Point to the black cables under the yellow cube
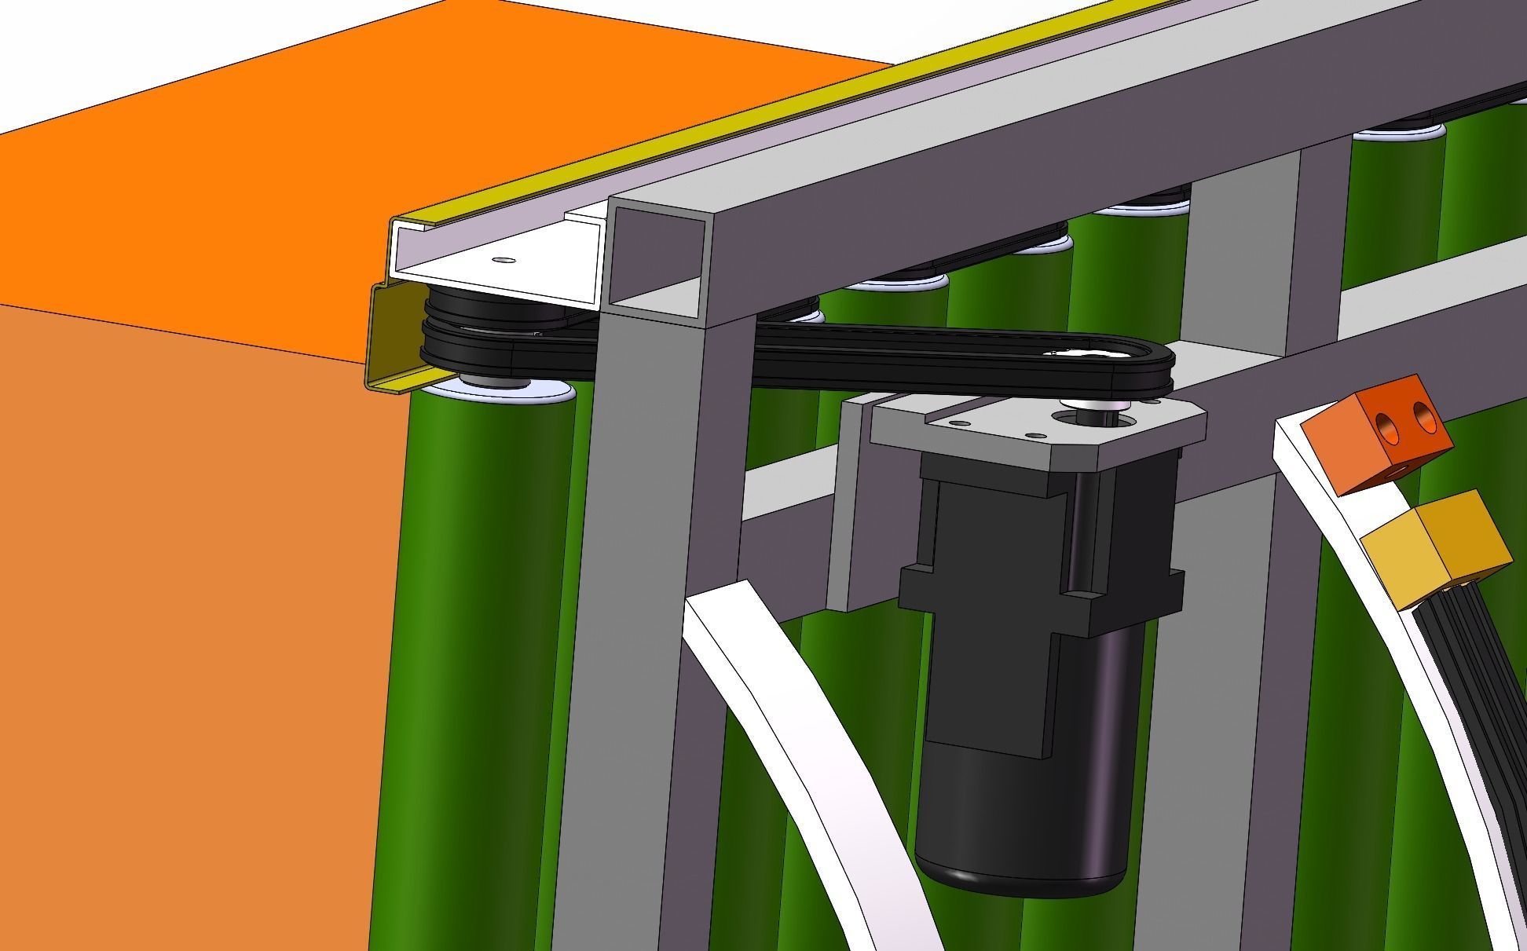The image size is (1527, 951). tap(1477, 675)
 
